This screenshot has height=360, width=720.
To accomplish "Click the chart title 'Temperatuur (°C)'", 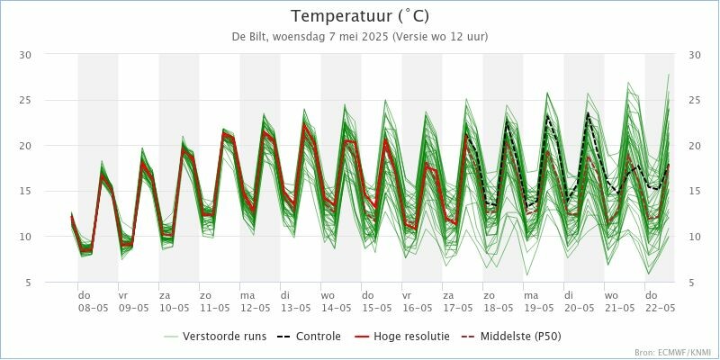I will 360,16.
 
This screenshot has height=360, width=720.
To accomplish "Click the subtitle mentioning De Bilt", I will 360,37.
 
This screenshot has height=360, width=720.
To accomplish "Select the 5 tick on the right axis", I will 694,283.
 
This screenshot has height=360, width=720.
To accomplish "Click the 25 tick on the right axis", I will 694,101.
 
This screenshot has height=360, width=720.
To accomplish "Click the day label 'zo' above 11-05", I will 205,295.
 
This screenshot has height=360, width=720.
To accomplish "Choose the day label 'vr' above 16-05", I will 407,295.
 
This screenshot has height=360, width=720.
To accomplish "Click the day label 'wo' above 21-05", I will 611,295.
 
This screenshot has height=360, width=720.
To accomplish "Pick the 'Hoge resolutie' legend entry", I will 404,337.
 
